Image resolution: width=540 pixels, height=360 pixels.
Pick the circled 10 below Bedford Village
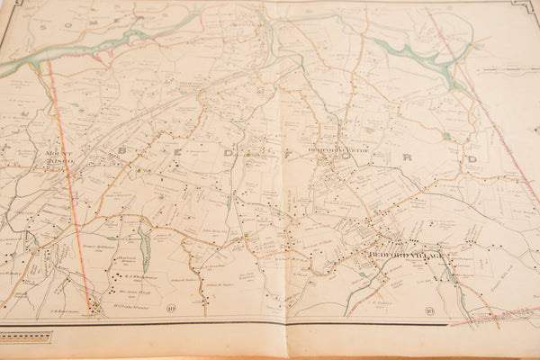tap(431, 311)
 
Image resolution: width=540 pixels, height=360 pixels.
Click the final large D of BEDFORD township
tap(472, 159)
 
